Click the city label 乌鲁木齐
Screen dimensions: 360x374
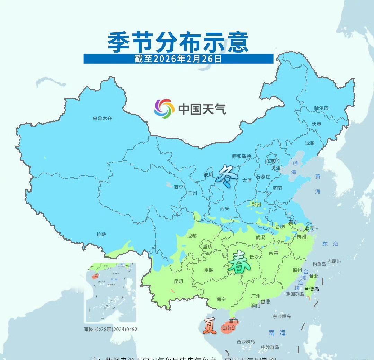102,118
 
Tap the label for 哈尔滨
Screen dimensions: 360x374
321,108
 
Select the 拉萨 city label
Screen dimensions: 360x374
101,234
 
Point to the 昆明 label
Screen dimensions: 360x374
178,281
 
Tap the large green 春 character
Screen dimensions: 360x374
239,262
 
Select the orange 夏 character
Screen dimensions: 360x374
210,326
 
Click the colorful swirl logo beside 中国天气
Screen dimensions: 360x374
164,109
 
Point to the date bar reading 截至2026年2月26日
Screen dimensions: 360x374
178,58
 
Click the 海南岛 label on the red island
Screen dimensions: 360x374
229,328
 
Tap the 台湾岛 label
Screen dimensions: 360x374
312,289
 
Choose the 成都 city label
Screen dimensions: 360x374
192,236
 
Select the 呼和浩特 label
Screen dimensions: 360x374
242,156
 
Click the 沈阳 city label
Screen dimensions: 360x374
310,143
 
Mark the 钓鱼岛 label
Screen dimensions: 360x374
319,264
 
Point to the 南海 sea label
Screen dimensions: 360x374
277,333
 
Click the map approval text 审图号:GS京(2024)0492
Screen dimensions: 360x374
111,329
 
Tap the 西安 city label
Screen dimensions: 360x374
225,209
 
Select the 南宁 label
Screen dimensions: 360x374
221,299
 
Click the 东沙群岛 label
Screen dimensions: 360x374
282,316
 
